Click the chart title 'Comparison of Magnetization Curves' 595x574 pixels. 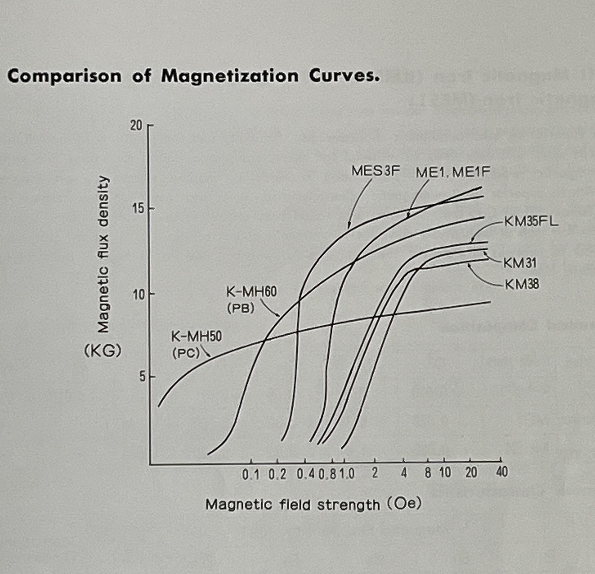point(193,76)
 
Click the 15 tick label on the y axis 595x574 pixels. point(136,209)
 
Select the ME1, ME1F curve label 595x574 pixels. point(453,172)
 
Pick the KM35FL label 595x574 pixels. point(530,222)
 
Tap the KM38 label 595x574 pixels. point(522,285)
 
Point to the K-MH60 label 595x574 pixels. point(251,292)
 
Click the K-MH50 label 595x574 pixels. point(196,337)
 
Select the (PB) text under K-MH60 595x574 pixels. point(240,307)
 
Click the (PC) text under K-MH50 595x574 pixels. point(186,353)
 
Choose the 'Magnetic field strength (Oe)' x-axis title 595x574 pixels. point(313,504)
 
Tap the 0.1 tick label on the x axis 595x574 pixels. point(251,474)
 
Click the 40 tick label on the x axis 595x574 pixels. point(501,473)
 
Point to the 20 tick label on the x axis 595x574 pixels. point(471,473)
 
